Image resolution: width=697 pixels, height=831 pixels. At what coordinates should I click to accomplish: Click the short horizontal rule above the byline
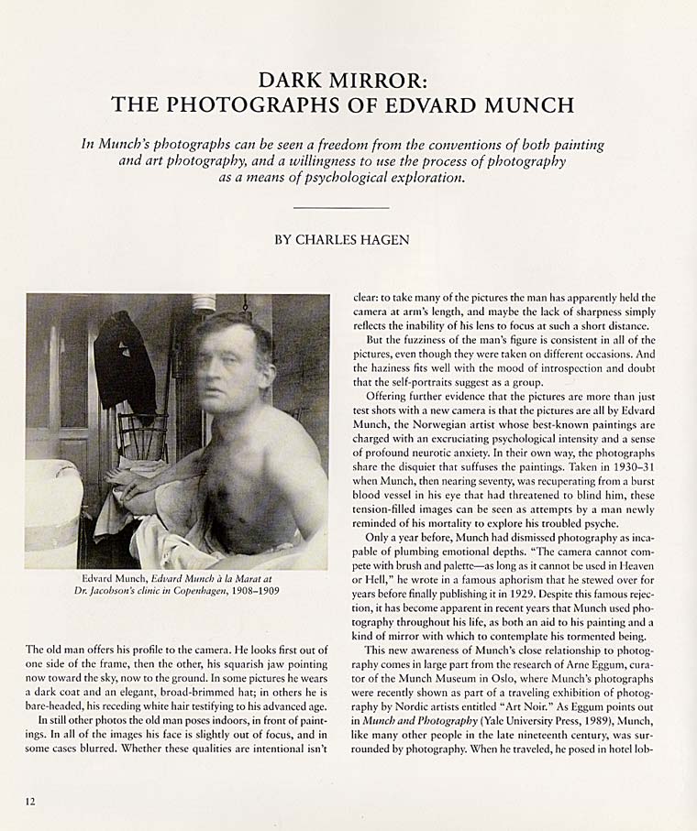click(343, 209)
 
